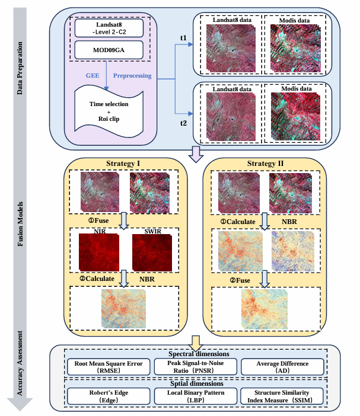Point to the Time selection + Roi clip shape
109,109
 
